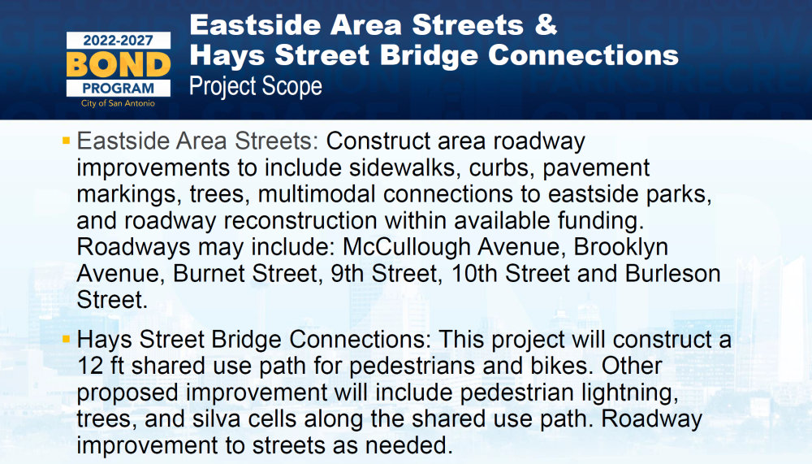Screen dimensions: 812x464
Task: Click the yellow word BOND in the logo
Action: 119,65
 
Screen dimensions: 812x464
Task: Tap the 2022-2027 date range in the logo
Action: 118,41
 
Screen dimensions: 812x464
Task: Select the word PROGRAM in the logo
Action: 118,88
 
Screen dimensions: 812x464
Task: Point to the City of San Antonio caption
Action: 118,103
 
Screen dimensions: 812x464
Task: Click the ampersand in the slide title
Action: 546,25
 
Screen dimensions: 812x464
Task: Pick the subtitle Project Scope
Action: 255,86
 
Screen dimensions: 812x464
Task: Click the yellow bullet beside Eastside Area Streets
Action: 66,141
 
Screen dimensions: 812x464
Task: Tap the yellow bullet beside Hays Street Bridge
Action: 66,340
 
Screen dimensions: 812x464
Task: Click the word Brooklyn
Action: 620,247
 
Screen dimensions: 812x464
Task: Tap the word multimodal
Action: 317,194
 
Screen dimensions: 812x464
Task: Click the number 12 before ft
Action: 90,366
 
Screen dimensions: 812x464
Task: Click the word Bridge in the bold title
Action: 429,55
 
